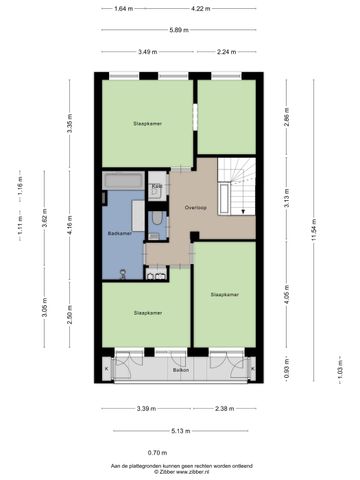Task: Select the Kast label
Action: [157, 186]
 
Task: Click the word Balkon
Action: [181, 370]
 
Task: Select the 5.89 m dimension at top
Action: [180, 30]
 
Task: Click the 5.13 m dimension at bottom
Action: [180, 430]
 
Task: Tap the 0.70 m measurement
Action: [180, 452]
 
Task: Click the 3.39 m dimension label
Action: [146, 408]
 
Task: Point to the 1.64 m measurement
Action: [123, 9]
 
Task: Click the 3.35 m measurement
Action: [70, 126]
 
